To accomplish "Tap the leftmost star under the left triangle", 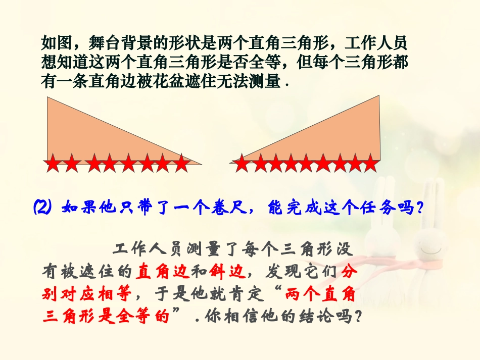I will pyautogui.click(x=53, y=163).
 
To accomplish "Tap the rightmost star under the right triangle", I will pyautogui.click(x=370, y=163).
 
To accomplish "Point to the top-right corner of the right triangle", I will pyautogui.click(x=379, y=95).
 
